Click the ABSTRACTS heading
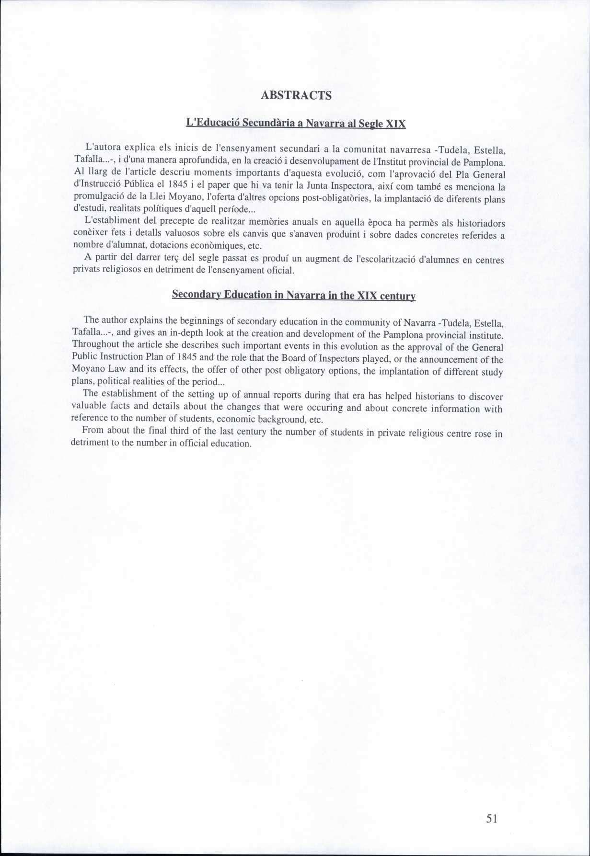(x=296, y=95)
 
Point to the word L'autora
(x=100, y=146)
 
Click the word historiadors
(x=480, y=224)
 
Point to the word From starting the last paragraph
(x=93, y=430)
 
